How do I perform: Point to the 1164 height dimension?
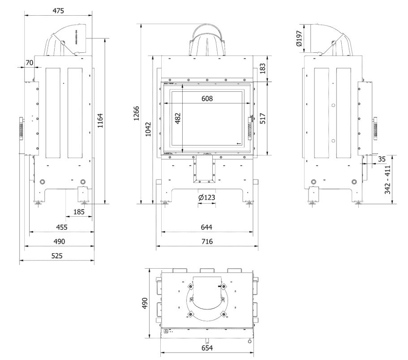pos(101,121)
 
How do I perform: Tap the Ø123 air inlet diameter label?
pos(206,197)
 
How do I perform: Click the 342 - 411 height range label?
pos(387,179)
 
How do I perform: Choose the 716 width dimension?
pos(206,241)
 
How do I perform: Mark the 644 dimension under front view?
pos(206,227)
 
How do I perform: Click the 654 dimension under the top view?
pos(207,348)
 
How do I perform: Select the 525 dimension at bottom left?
pos(57,256)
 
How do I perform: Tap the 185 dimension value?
pos(79,211)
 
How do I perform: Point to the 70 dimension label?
pos(29,63)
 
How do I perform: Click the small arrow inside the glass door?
pos(239,143)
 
